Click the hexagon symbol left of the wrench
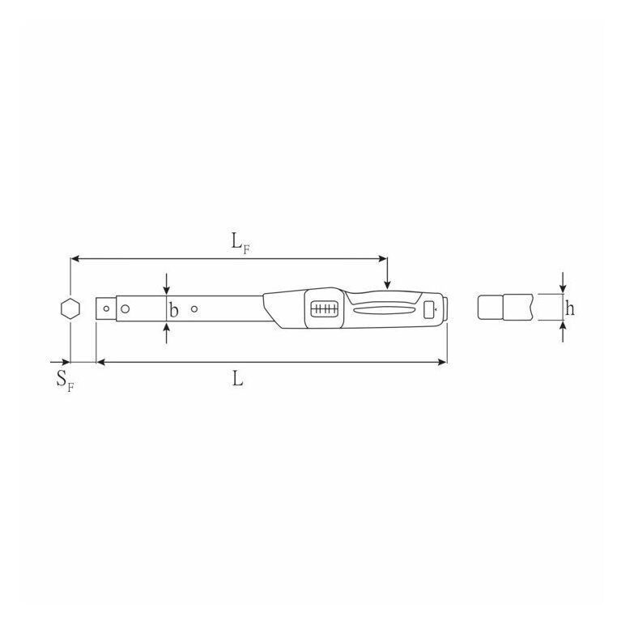pos(70,308)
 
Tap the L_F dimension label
pos(240,243)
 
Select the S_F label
pos(65,381)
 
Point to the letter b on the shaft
pos(173,310)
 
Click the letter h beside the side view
pos(570,308)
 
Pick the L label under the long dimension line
pos(237,379)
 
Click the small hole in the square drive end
pos(106,308)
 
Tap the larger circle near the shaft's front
pos(125,308)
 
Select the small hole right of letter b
pos(194,309)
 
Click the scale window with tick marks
pos(324,309)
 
